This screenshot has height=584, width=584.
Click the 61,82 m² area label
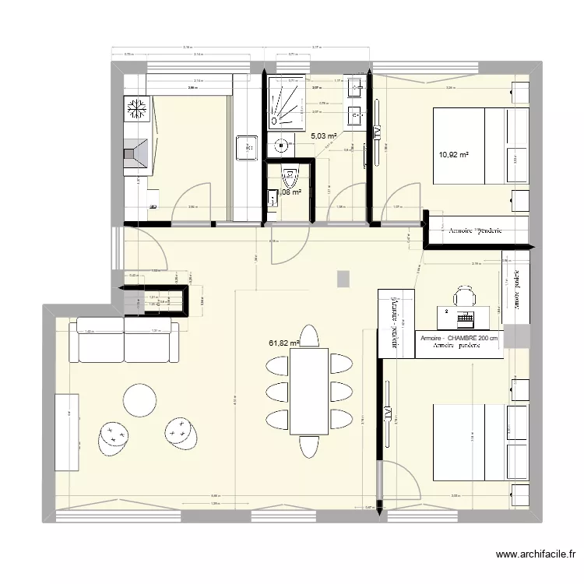coord(284,342)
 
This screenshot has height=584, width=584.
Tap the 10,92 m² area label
coord(454,154)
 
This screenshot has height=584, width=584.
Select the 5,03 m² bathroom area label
coord(323,136)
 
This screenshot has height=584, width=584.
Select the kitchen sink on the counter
coord(247,146)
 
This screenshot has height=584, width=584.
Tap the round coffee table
coord(141,400)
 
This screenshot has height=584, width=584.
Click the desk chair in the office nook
coord(465,297)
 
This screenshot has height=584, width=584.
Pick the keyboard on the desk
coord(466,318)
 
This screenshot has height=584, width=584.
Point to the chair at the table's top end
coord(309,336)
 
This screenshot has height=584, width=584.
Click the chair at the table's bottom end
coord(309,445)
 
